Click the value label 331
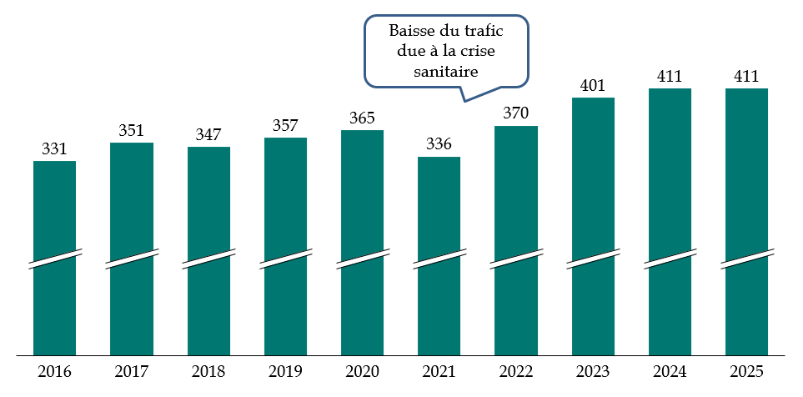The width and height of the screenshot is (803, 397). (54, 148)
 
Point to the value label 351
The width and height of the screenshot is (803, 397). (131, 130)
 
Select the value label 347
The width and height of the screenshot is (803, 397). (208, 134)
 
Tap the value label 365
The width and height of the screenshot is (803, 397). (362, 118)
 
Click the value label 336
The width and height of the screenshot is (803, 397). (439, 144)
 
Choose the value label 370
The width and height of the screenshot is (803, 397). (516, 113)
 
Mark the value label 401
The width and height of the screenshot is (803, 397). (593, 85)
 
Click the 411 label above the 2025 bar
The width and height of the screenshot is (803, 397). (746, 77)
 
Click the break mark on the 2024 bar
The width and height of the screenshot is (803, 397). (670, 259)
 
